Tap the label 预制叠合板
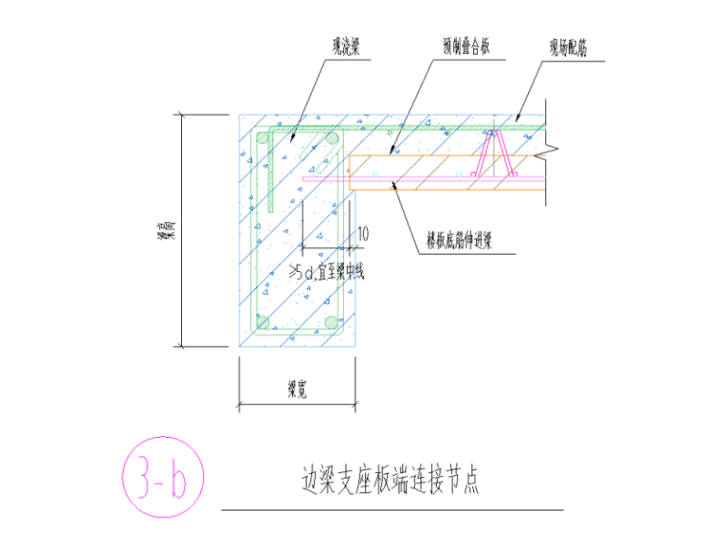pyautogui.click(x=466, y=44)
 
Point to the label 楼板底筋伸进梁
pyautogui.click(x=466, y=243)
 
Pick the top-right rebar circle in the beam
pyautogui.click(x=331, y=140)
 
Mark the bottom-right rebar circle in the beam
pyautogui.click(x=331, y=323)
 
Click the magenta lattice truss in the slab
pyautogui.click(x=498, y=153)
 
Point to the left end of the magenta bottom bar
pyautogui.click(x=305, y=178)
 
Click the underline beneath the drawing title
pyautogui.click(x=392, y=511)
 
